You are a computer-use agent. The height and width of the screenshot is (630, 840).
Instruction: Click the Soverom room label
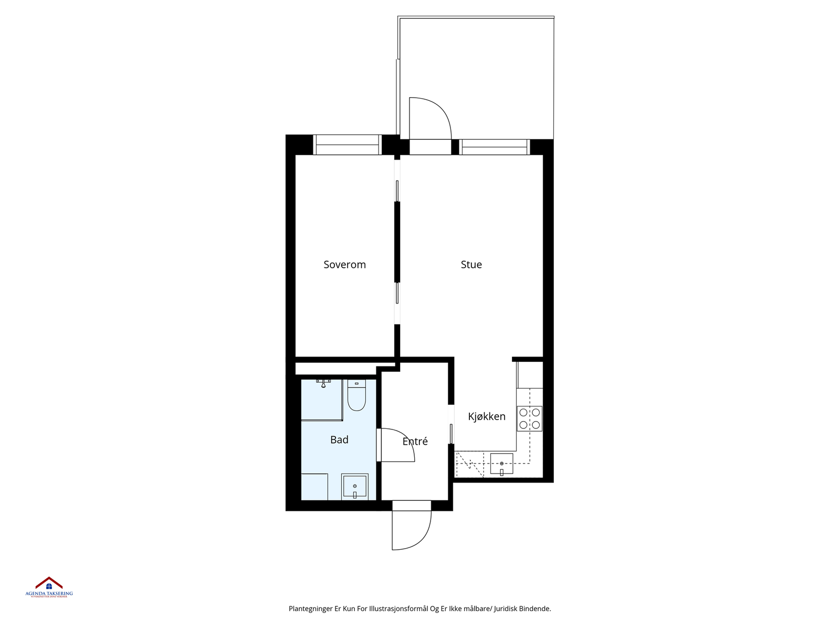(x=344, y=265)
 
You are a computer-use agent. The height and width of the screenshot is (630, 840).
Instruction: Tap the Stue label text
(x=471, y=265)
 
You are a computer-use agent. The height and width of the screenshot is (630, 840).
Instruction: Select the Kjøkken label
(x=487, y=416)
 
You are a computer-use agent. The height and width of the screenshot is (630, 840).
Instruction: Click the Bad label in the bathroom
(x=339, y=440)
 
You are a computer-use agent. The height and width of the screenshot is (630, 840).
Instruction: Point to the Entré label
(x=415, y=442)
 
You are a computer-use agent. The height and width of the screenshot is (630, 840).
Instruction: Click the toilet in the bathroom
(x=356, y=396)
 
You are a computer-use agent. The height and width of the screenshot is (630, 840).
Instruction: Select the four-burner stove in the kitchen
(x=529, y=418)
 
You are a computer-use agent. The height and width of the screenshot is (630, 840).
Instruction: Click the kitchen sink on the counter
(x=501, y=464)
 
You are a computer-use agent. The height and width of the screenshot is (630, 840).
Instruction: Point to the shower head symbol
(x=323, y=383)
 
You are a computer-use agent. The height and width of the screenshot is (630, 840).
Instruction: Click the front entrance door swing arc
(x=412, y=530)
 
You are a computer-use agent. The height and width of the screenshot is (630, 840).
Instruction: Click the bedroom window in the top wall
(x=347, y=145)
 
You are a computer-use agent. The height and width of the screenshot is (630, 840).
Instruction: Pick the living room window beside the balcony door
(x=495, y=147)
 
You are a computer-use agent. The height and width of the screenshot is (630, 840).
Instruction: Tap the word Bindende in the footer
(x=535, y=609)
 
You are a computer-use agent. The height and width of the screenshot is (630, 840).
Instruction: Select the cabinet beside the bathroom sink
(x=314, y=487)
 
